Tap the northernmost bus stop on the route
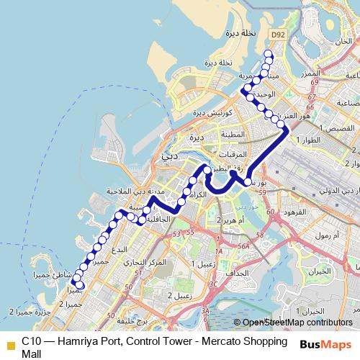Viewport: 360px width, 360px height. click(269, 55)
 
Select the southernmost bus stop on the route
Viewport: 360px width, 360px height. click(81, 286)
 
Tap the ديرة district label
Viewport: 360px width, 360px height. click(192, 137)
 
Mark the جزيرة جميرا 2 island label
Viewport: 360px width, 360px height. click(24, 310)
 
